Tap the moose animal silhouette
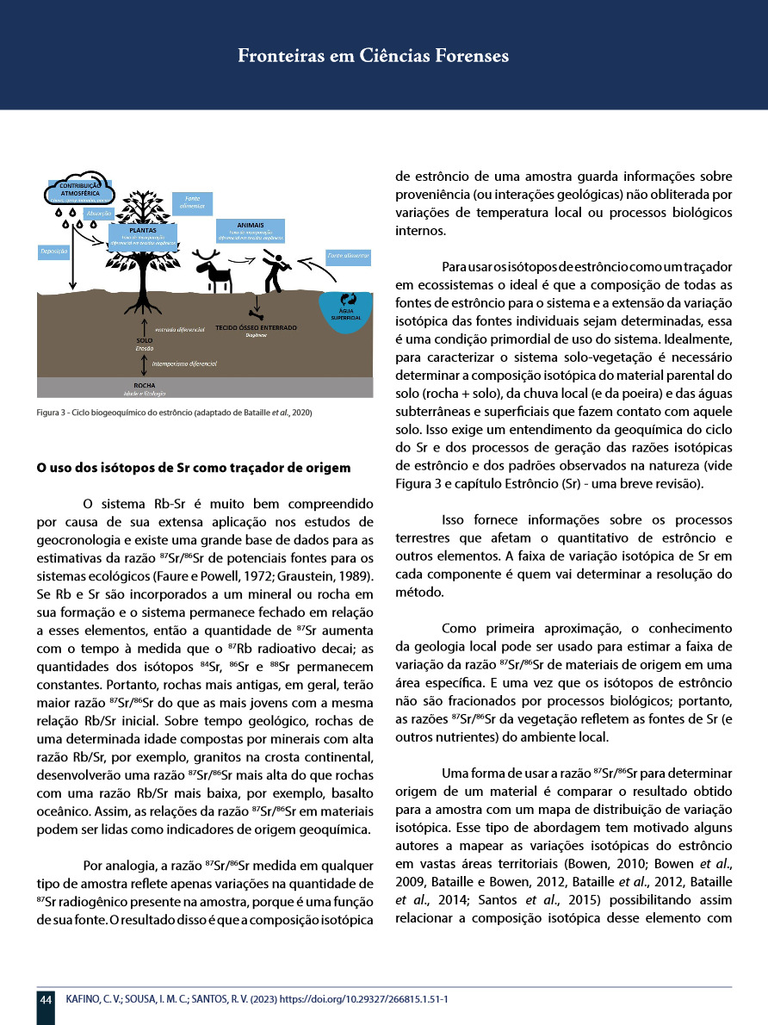(x=215, y=269)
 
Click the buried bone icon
(x=255, y=312)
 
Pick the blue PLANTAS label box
(x=142, y=236)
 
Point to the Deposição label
(x=53, y=252)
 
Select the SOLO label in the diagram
(x=144, y=341)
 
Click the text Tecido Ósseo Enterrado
(x=256, y=328)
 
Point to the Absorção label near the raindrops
(x=99, y=212)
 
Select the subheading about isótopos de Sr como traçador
(x=193, y=469)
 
